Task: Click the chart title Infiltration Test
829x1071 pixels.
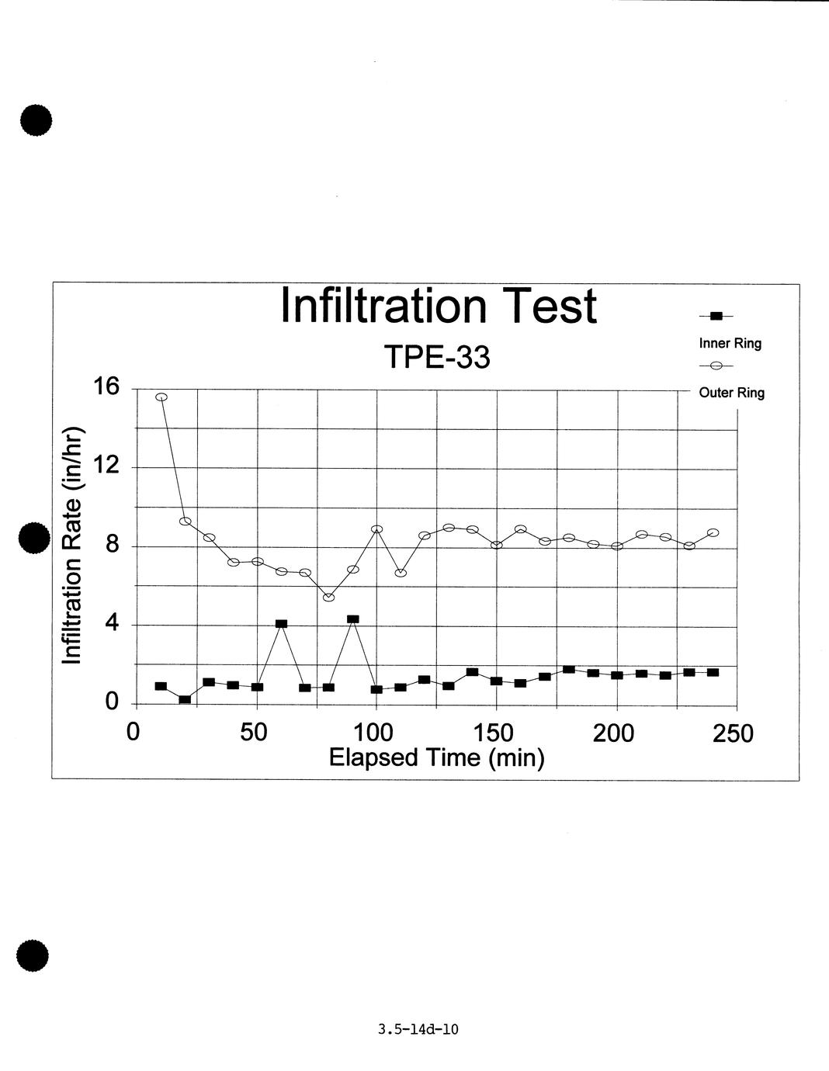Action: tap(438, 306)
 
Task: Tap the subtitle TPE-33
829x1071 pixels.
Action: tap(438, 358)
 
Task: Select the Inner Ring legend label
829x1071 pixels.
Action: tap(730, 343)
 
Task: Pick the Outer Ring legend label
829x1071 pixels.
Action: tap(731, 393)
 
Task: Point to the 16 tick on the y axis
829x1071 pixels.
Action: tap(107, 386)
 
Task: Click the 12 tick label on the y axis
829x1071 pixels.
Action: tap(107, 466)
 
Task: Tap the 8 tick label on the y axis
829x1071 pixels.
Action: tap(113, 545)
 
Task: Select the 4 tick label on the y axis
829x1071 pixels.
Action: tap(113, 623)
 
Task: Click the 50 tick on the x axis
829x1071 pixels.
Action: tap(254, 732)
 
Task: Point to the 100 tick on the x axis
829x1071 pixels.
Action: tap(373, 732)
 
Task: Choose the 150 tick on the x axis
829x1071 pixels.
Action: tap(494, 732)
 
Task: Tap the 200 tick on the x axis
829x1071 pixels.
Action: tap(613, 732)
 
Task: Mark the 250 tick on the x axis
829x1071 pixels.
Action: tap(734, 733)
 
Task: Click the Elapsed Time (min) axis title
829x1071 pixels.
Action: tap(436, 757)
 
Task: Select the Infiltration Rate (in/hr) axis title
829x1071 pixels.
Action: tap(72, 545)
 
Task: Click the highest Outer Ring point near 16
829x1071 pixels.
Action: tap(161, 397)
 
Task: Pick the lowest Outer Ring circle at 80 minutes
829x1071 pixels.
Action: tap(329, 597)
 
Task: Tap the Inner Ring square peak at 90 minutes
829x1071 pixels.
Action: tap(353, 619)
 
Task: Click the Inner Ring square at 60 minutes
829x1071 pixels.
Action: tap(281, 624)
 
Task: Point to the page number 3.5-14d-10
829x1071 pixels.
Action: tap(418, 1030)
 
